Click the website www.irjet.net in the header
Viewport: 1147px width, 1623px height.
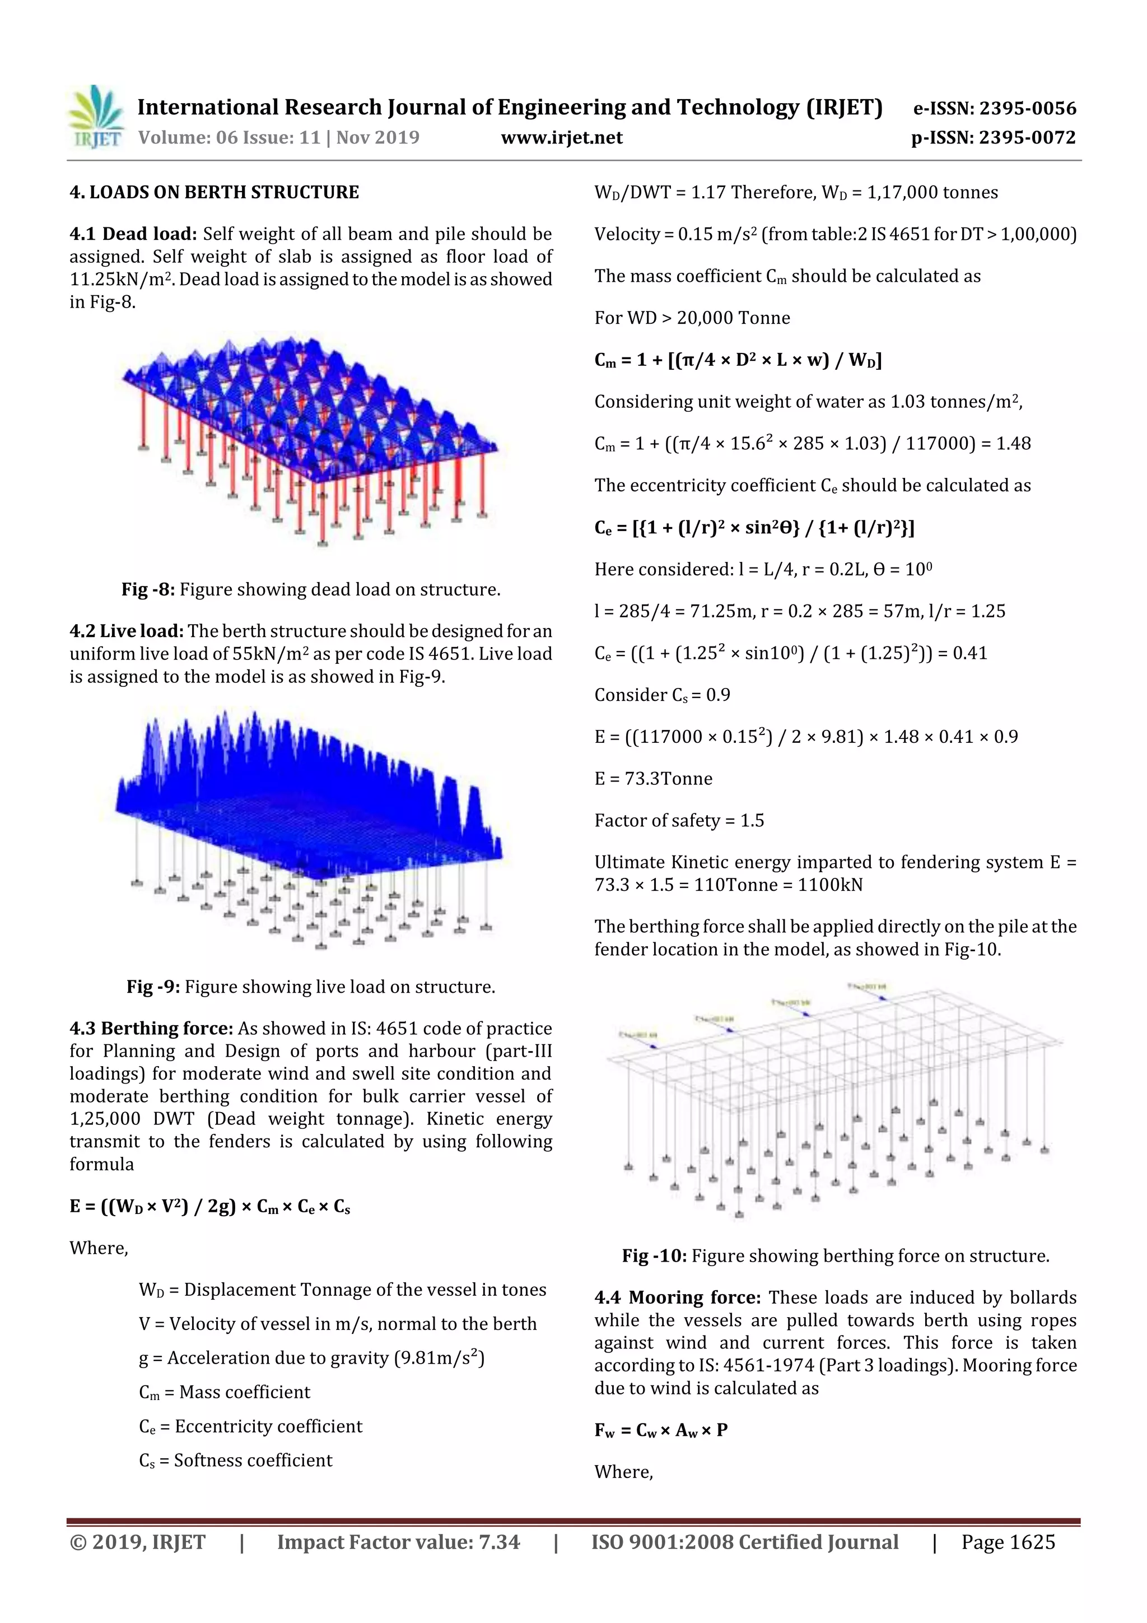(x=561, y=138)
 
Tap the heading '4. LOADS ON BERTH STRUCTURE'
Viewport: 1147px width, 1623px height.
(x=214, y=192)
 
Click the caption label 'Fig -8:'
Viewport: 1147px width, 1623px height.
(x=148, y=589)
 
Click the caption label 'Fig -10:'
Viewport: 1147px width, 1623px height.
(x=654, y=1256)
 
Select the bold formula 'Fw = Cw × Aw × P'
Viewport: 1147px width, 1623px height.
(x=661, y=1430)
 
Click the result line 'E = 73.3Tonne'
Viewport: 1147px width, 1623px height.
(x=653, y=779)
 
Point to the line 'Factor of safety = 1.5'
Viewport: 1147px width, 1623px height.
(x=678, y=821)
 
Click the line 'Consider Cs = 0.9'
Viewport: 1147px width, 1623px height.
(x=661, y=696)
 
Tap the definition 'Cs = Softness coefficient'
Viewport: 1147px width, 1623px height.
(x=235, y=1461)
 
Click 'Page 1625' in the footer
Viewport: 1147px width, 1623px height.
(x=1007, y=1542)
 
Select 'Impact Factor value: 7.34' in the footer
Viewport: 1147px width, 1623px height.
(x=398, y=1542)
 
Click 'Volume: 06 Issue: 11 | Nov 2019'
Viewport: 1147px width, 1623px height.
(x=278, y=138)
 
